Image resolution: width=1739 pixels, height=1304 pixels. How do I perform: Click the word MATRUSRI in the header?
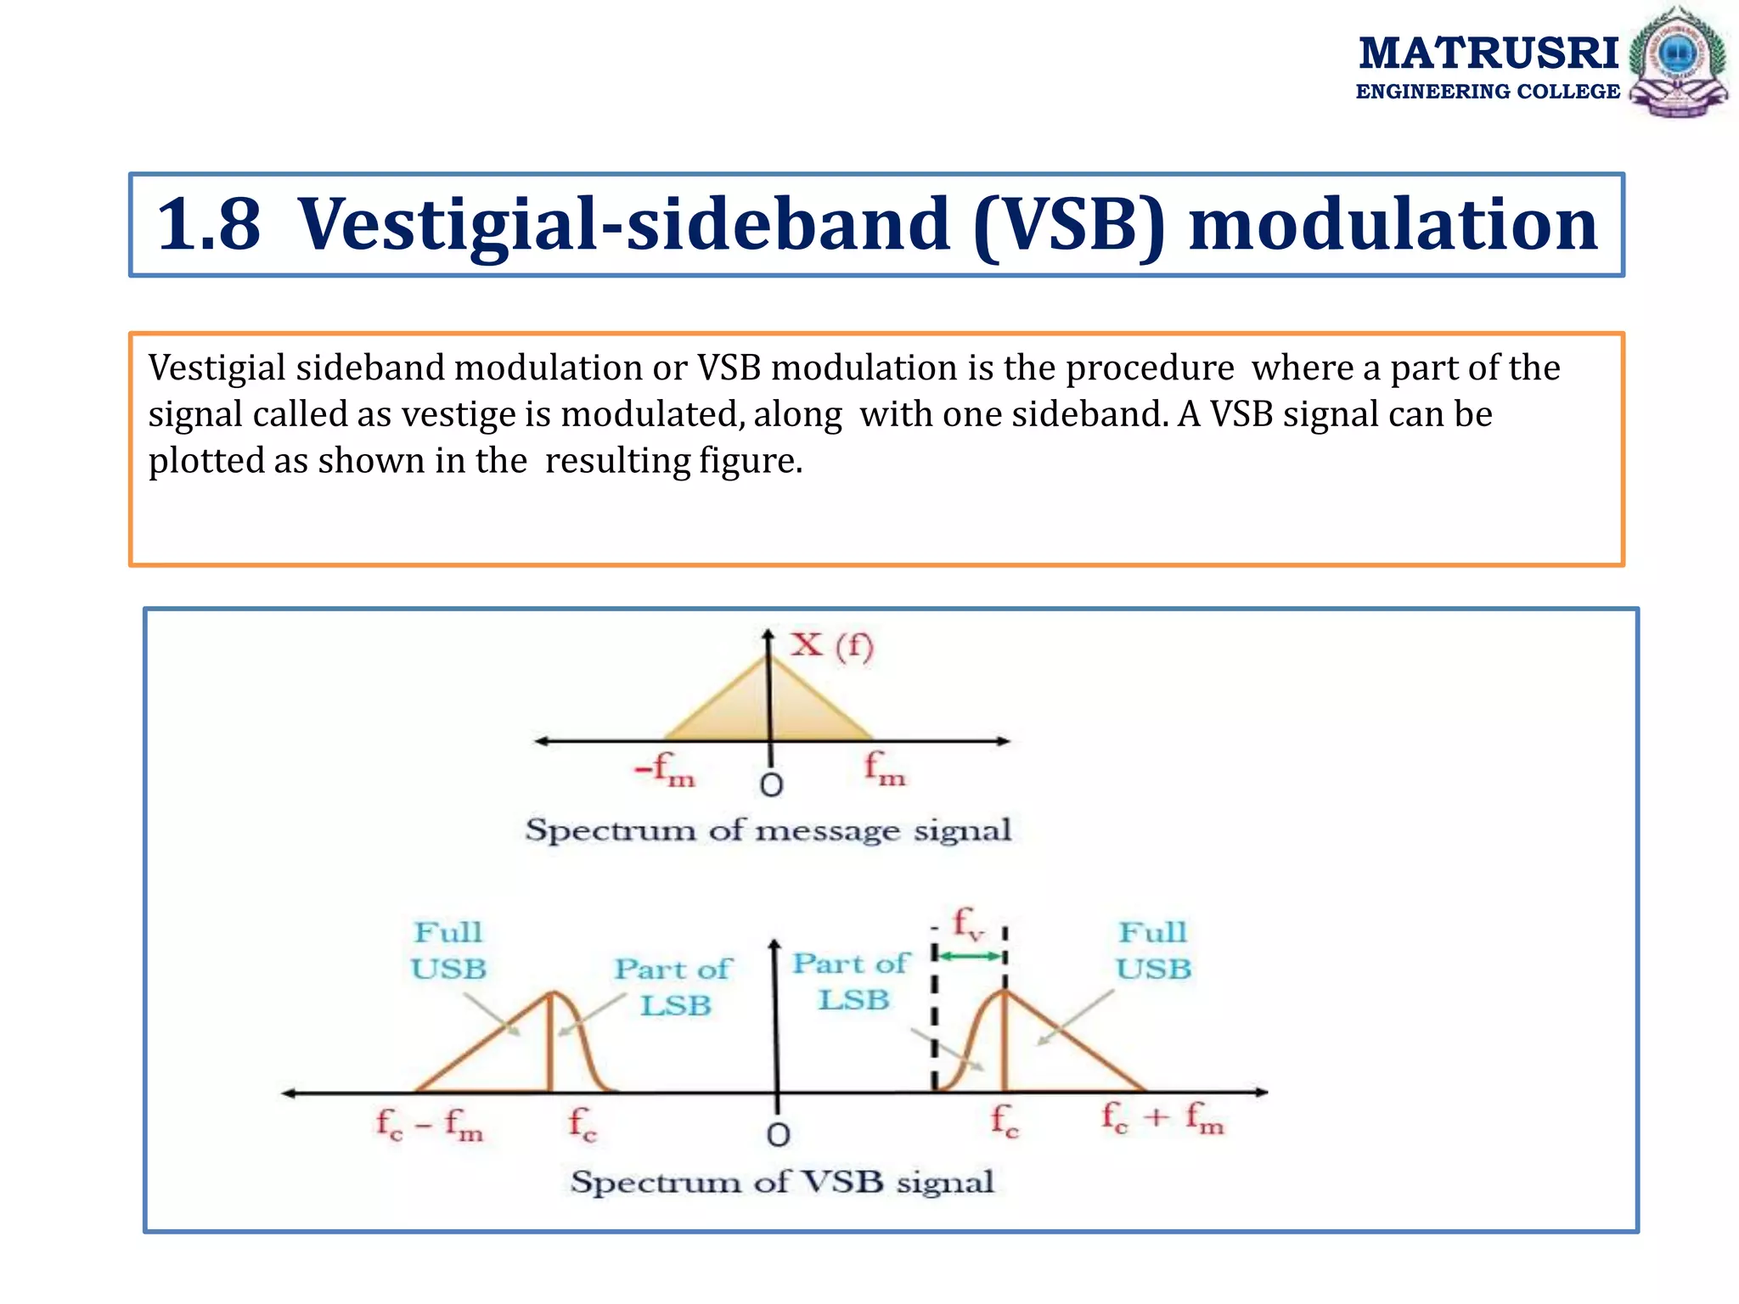(x=1488, y=53)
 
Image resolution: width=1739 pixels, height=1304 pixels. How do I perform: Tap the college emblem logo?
(x=1678, y=61)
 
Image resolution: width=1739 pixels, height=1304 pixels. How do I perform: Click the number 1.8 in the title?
(x=209, y=224)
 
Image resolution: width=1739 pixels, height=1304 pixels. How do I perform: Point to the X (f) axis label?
(x=831, y=645)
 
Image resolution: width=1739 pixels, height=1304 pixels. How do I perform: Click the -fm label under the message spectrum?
(x=665, y=769)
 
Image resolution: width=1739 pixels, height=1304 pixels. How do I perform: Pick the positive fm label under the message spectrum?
(x=885, y=769)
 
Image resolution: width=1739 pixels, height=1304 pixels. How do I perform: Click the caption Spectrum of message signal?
(x=768, y=829)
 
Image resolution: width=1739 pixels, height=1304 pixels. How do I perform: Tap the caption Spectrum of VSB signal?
(x=781, y=1182)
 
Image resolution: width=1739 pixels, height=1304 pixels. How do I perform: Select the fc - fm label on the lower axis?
(x=430, y=1124)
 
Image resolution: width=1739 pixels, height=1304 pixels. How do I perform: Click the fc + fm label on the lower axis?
(x=1162, y=1118)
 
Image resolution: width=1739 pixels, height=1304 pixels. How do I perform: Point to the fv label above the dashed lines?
(x=968, y=923)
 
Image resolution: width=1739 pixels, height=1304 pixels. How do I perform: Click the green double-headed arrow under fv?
(x=969, y=957)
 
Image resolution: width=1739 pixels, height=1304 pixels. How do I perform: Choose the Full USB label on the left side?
(x=448, y=951)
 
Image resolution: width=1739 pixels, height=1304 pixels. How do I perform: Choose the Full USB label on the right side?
(x=1153, y=951)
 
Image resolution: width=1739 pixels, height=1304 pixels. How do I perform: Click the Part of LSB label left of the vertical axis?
(x=673, y=986)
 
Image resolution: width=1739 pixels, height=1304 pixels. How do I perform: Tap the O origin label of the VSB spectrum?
(x=778, y=1135)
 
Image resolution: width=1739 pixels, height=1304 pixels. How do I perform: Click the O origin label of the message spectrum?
(x=771, y=785)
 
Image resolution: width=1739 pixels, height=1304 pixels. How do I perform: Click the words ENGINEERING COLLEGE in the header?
(x=1488, y=92)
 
